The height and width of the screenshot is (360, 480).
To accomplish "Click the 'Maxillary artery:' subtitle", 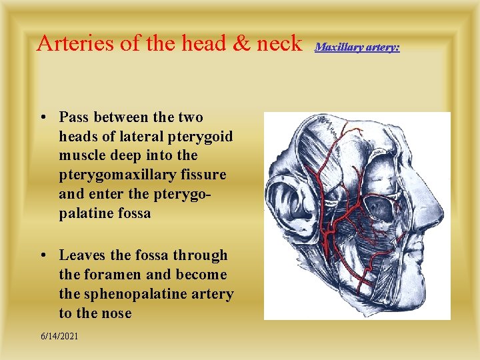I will click(x=357, y=47).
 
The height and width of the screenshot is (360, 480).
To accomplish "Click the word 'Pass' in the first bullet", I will click(x=74, y=117).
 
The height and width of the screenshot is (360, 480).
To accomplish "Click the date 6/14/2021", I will click(x=59, y=336).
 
